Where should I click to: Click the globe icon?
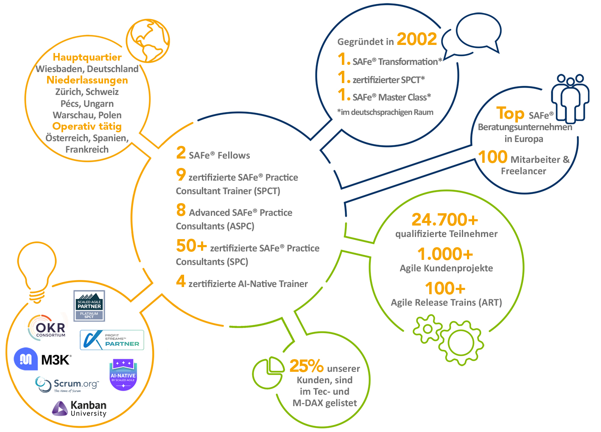148,41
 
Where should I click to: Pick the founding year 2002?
417,39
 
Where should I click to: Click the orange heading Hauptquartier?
87,57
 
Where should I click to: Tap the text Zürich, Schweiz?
87,92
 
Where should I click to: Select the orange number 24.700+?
445,220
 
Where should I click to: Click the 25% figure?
306,365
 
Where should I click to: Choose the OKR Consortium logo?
48,328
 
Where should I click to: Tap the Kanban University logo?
79,409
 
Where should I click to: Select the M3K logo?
42,360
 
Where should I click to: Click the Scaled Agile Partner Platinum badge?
89,306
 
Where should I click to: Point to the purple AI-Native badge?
123,374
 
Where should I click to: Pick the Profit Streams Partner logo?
112,340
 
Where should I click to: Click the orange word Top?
510,114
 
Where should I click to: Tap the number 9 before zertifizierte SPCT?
181,174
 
